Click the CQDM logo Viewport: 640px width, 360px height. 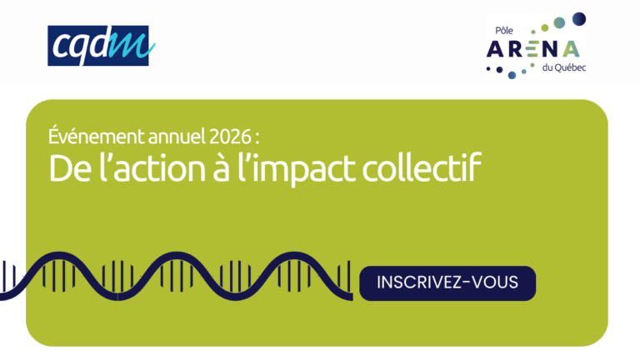point(101,46)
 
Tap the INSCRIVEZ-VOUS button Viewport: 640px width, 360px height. point(447,283)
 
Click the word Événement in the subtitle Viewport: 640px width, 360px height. point(97,137)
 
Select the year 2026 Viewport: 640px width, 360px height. point(230,137)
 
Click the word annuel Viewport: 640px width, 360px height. point(177,137)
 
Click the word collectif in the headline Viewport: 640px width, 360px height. point(422,167)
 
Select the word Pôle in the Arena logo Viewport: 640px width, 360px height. point(504,31)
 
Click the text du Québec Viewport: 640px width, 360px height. point(563,67)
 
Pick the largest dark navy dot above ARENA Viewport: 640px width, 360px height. point(579,19)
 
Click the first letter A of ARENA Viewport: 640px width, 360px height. point(495,49)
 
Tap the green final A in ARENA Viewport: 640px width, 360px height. point(571,49)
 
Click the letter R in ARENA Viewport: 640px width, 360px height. point(514,49)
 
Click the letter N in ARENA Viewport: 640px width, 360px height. point(549,49)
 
